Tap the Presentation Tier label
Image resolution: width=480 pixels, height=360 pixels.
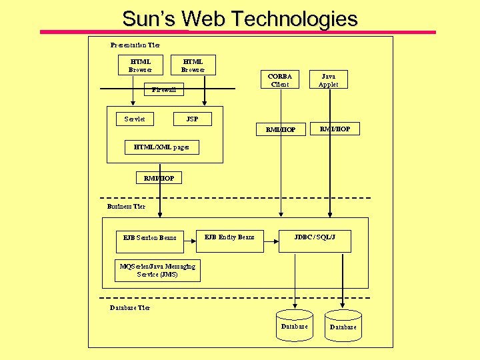coord(135,45)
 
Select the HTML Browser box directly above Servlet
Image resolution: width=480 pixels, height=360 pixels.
coord(141,65)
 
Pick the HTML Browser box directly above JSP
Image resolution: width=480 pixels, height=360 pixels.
coord(193,65)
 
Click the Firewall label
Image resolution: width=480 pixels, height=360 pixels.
coord(163,89)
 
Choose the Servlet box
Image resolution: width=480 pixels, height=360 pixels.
coord(135,119)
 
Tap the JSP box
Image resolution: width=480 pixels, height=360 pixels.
coord(192,119)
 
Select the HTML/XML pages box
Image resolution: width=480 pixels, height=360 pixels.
coord(161,147)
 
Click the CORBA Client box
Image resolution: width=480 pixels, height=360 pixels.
coord(280,80)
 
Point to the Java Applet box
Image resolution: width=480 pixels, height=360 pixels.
coord(329,80)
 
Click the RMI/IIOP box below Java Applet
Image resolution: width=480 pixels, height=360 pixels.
coord(335,129)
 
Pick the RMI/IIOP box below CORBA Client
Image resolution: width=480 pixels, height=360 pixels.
coord(281,129)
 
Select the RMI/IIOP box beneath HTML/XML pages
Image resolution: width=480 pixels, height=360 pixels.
coord(159,178)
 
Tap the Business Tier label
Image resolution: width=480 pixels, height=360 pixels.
coord(126,207)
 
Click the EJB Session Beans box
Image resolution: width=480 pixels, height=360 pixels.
coord(150,237)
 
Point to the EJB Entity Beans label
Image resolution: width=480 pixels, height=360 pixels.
coord(229,237)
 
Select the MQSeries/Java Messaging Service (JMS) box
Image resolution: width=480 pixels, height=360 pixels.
coord(157,270)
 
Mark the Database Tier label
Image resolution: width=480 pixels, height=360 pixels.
coord(130,308)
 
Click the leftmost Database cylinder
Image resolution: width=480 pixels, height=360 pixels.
coord(294,325)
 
